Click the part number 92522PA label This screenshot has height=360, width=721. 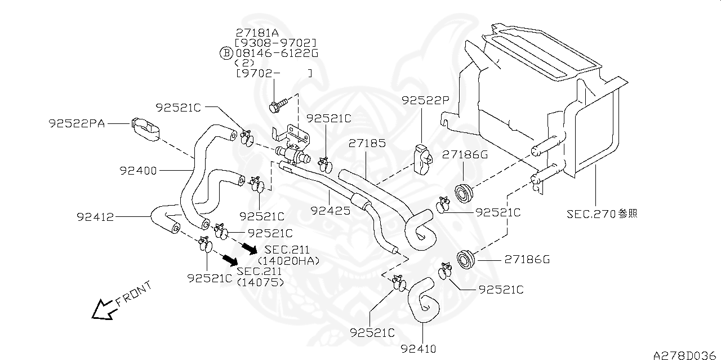coord(77,122)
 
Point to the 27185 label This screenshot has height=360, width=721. coord(367,143)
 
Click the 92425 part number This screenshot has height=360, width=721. coord(331,211)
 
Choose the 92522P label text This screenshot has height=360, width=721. coord(425,100)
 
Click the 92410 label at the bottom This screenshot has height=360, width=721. coord(419,349)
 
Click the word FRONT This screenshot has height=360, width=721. coord(133,294)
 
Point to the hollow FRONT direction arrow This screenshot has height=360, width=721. coord(103,309)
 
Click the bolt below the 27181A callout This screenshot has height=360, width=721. coord(278,104)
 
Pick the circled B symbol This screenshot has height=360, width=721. coord(225,53)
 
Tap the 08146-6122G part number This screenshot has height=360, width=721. coord(277,53)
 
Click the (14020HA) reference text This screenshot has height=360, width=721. coord(288,261)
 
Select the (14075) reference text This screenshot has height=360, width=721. coord(261,282)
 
